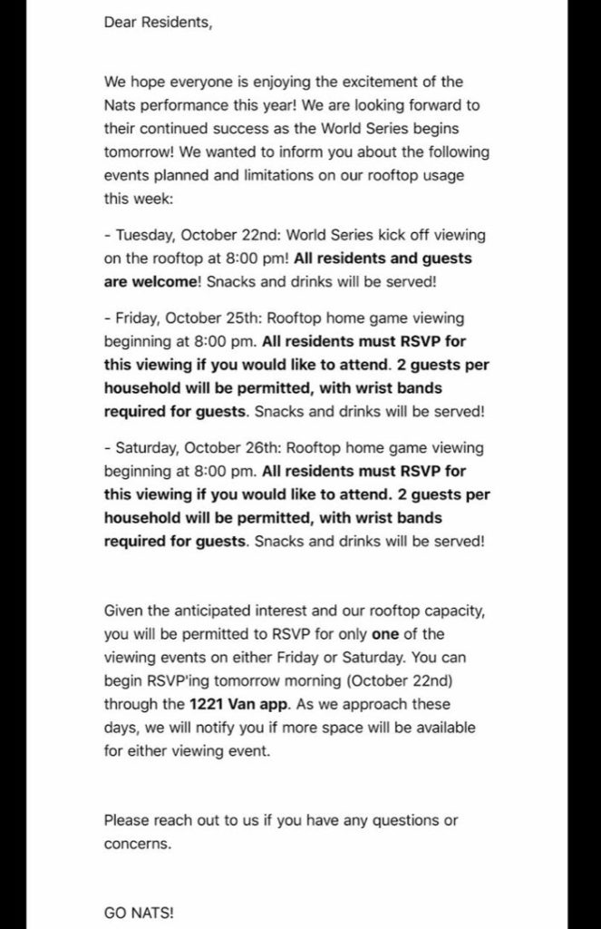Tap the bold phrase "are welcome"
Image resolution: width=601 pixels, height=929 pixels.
click(x=150, y=281)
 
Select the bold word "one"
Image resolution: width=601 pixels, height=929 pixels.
click(x=385, y=633)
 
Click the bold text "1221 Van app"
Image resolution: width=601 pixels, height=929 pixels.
click(x=229, y=704)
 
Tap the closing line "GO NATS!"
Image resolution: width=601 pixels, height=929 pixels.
click(x=138, y=914)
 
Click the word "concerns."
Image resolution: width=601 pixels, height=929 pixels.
click(x=137, y=844)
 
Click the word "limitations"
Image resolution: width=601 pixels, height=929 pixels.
click(x=261, y=175)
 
